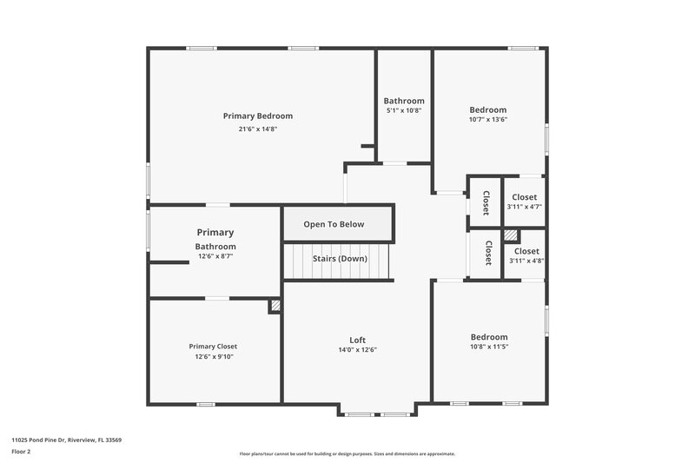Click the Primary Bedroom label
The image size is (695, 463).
[x=257, y=116]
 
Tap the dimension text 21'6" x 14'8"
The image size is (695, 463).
[x=257, y=129]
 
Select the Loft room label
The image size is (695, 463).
[x=357, y=340]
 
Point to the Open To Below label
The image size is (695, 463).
[x=334, y=224]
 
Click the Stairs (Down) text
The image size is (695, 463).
[x=340, y=259]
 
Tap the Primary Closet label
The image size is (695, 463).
[x=213, y=346]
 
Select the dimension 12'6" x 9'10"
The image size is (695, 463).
[x=213, y=356]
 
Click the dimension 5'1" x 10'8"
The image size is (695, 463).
[x=404, y=111]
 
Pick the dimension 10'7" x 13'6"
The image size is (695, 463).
[x=488, y=120]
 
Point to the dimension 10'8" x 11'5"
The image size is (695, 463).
[x=489, y=347]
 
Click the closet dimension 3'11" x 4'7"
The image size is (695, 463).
[x=525, y=207]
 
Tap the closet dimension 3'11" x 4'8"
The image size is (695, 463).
[x=526, y=261]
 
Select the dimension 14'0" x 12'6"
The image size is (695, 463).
[x=357, y=350]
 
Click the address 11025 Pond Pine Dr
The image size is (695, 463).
[x=66, y=440]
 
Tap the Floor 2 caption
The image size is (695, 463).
[x=21, y=452]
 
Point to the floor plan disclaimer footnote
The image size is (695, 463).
[x=347, y=453]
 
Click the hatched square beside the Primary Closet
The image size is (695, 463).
[x=275, y=306]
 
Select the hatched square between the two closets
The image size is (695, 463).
[x=511, y=235]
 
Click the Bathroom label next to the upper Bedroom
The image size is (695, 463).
[x=404, y=101]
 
